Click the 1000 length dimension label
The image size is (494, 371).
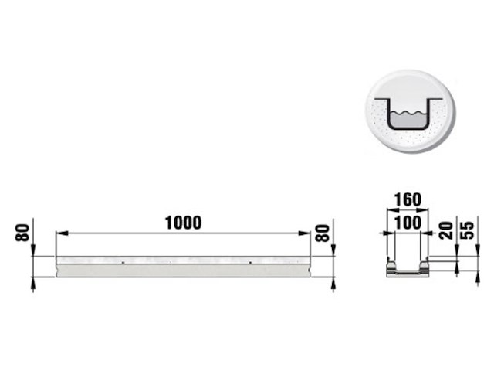tap(183, 223)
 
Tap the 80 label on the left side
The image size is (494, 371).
tap(22, 233)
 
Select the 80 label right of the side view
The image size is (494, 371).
tap(323, 233)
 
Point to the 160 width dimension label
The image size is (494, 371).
tap(408, 199)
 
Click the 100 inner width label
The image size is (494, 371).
tap(408, 223)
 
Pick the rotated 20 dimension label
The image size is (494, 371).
tap(446, 230)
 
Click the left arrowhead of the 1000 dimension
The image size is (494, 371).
tap(62, 233)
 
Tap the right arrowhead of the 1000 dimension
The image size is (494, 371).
tap(304, 233)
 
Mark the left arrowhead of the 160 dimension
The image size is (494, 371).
tap(391, 209)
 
